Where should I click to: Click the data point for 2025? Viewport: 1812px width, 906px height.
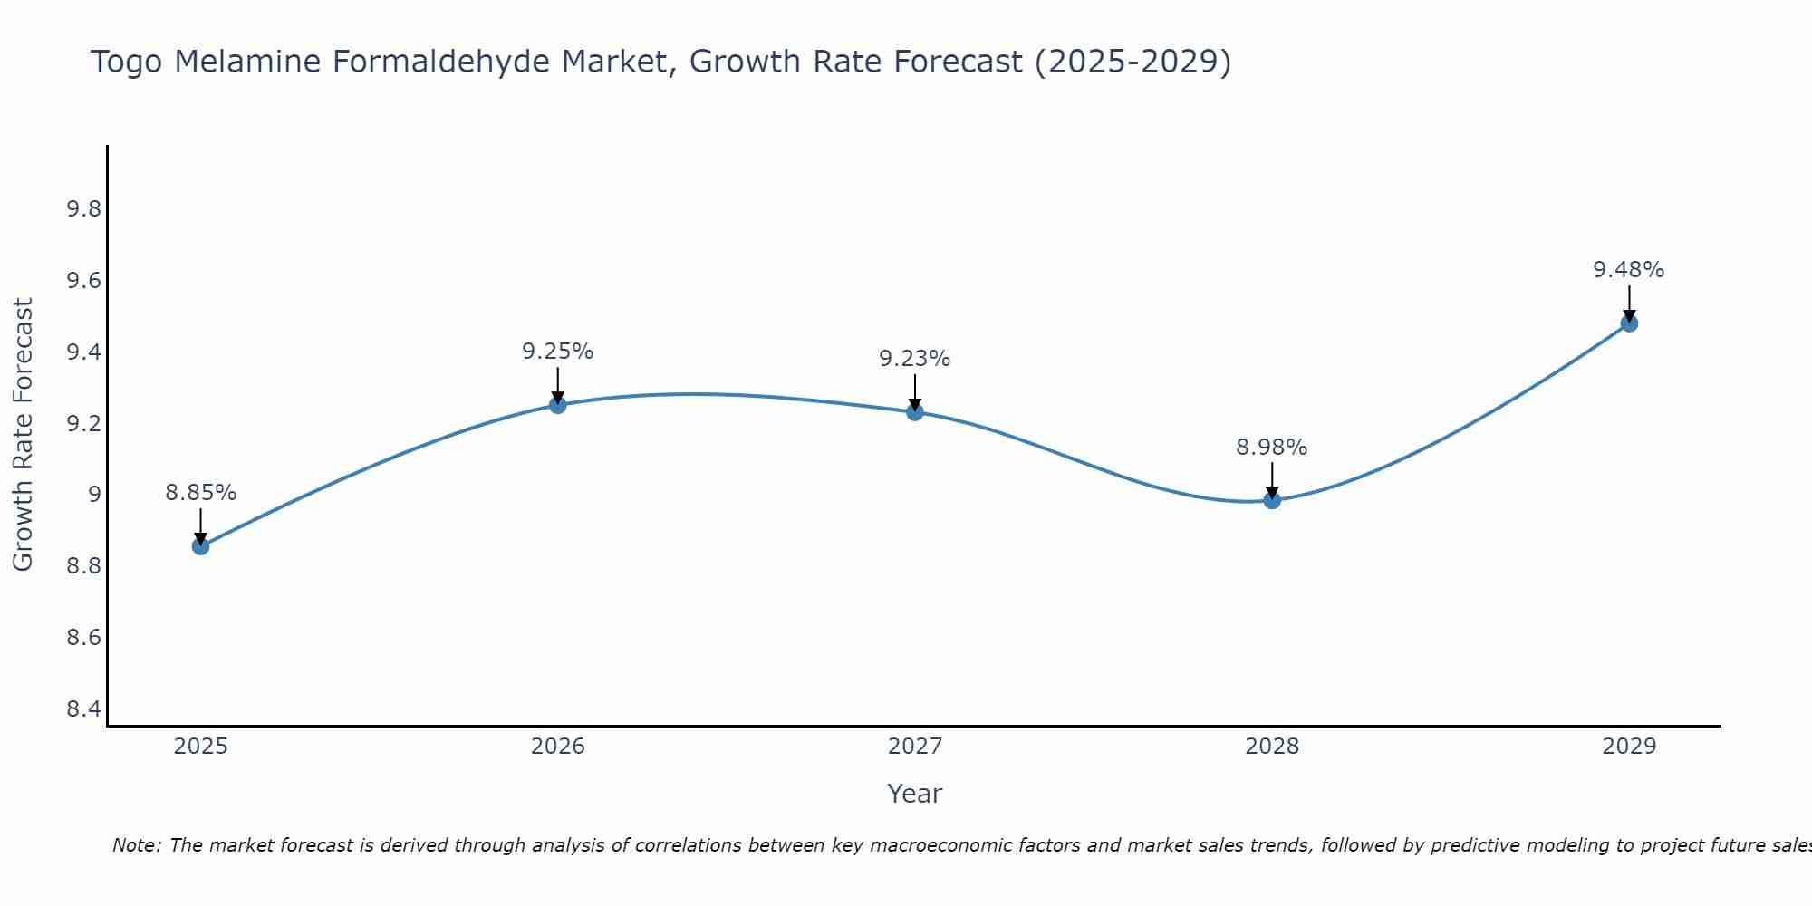pyautogui.click(x=201, y=546)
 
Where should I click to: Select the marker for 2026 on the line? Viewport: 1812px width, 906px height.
pyautogui.click(x=558, y=405)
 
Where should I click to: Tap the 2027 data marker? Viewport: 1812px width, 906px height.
pyautogui.click(x=915, y=412)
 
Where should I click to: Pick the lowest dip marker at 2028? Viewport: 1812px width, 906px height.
pyautogui.click(x=1272, y=500)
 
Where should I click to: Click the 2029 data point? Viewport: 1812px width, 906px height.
pyautogui.click(x=1629, y=323)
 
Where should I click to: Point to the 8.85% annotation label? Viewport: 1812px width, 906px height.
pyautogui.click(x=201, y=493)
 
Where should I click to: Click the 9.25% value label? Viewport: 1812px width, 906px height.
pyautogui.click(x=558, y=352)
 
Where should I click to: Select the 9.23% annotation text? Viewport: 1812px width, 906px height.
pyautogui.click(x=915, y=359)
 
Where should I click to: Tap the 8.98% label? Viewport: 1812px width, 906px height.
pyautogui.click(x=1272, y=448)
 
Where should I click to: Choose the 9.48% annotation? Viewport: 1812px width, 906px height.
pyautogui.click(x=1629, y=270)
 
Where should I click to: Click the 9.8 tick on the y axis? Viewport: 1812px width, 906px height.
pyautogui.click(x=83, y=209)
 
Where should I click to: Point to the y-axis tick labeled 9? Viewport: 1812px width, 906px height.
pyautogui.click(x=94, y=495)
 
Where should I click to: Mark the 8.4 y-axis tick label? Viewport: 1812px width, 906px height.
pyautogui.click(x=83, y=708)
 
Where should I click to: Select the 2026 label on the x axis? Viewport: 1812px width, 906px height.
pyautogui.click(x=558, y=747)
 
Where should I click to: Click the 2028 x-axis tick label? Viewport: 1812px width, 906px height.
pyautogui.click(x=1272, y=747)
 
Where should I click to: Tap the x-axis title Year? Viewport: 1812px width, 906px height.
pyautogui.click(x=915, y=794)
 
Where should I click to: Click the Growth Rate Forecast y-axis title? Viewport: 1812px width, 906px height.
pyautogui.click(x=23, y=435)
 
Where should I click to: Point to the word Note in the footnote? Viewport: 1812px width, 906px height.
pyautogui.click(x=136, y=845)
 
